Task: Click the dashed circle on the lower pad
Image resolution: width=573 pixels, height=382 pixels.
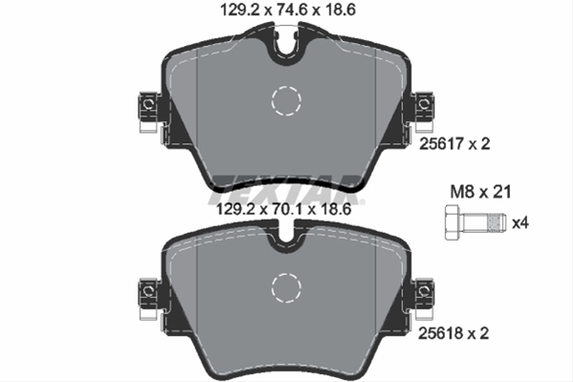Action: click(x=285, y=286)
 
